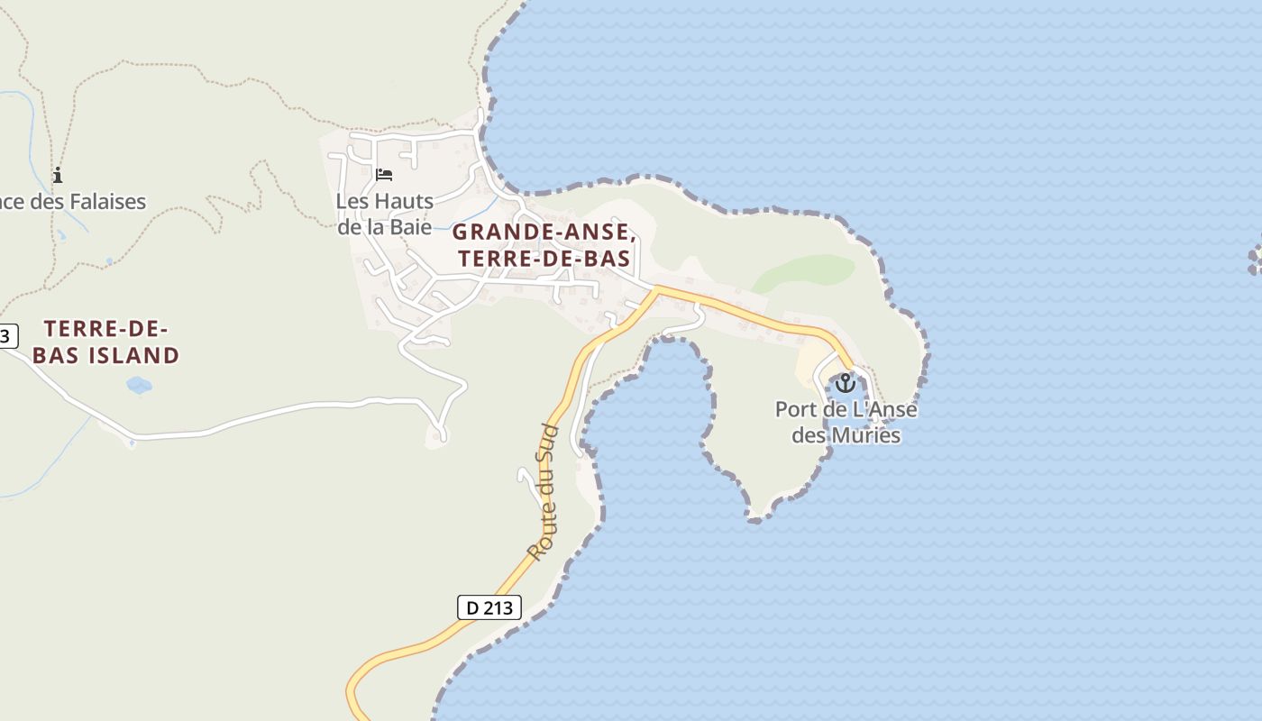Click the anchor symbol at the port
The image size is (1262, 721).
[x=845, y=383]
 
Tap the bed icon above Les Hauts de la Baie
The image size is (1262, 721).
[x=384, y=175]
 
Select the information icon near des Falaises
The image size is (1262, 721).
[x=58, y=175]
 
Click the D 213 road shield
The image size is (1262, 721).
[x=489, y=607]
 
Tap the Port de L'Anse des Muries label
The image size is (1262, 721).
[x=846, y=422]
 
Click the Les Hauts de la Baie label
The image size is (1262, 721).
[x=384, y=214]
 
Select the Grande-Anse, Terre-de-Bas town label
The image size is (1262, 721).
[x=544, y=245]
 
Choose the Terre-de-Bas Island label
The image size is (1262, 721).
[x=106, y=342]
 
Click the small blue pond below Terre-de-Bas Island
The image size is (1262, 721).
[x=139, y=386]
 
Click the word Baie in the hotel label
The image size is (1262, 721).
[x=410, y=226]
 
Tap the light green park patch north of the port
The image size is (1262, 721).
[x=805, y=271]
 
